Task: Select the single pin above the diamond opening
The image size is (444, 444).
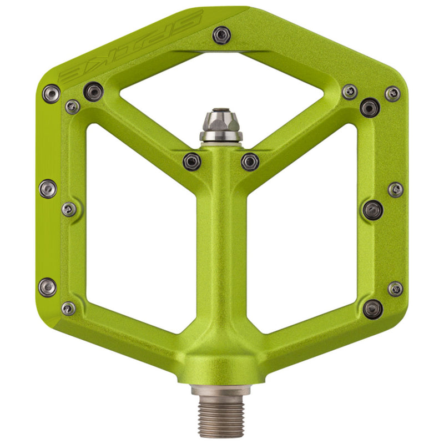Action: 221,34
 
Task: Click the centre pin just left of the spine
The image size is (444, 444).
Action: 192,161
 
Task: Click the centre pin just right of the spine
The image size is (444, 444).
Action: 250,162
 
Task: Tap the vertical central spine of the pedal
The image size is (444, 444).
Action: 221,250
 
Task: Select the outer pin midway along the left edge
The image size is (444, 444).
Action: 48,189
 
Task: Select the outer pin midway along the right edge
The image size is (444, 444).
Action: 395,189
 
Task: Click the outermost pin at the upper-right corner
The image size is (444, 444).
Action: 392,93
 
